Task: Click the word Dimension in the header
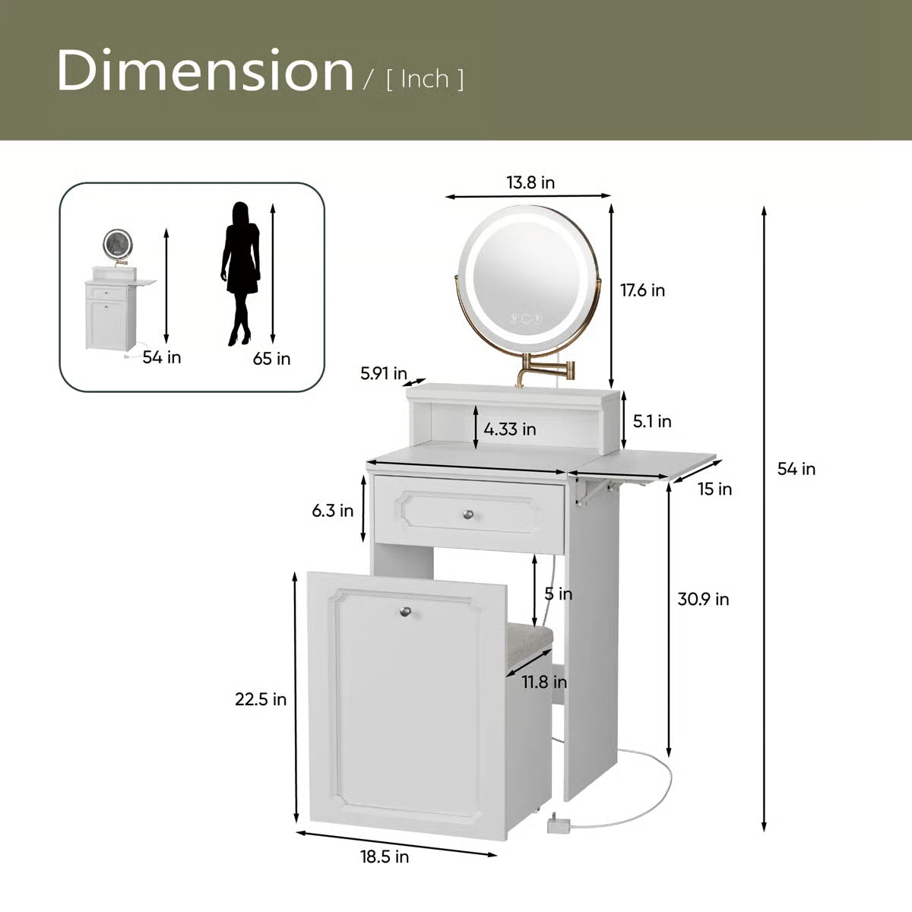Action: pos(205,70)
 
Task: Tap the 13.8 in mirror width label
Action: pos(530,182)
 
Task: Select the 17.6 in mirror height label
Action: pos(643,290)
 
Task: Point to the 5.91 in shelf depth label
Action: pos(384,373)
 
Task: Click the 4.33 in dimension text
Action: pos(510,429)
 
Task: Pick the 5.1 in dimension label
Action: pos(652,421)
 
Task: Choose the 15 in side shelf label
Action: pos(714,489)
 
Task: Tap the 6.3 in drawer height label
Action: pos(332,511)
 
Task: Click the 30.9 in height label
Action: pos(703,599)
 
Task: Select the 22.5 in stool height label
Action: pos(261,699)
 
